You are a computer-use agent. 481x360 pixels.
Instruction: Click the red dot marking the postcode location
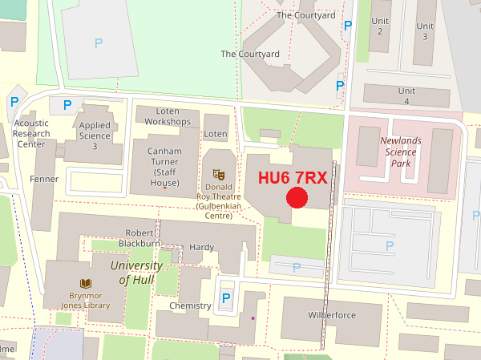(x=297, y=198)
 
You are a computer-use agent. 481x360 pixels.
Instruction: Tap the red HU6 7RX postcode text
(x=293, y=178)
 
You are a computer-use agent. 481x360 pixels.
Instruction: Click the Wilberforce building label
(x=331, y=315)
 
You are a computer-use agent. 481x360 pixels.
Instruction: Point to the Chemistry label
(x=190, y=305)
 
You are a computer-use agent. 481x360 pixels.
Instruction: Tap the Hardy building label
(x=201, y=247)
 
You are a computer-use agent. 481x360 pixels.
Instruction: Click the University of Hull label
(x=136, y=272)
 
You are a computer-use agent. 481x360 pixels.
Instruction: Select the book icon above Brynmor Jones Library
(x=85, y=283)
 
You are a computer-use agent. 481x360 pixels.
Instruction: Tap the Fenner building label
(x=44, y=178)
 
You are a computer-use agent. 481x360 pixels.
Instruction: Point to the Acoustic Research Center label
(x=32, y=134)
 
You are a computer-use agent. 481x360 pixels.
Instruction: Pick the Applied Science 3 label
(x=95, y=136)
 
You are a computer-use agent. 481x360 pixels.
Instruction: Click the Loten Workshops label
(x=168, y=116)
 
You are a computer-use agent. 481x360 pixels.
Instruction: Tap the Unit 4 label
(x=407, y=96)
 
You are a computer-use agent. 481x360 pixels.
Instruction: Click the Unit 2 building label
(x=380, y=26)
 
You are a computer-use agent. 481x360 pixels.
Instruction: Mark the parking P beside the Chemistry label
(x=226, y=299)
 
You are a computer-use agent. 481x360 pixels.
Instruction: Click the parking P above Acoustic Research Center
(x=14, y=102)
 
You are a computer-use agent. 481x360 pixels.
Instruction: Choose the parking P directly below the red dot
(x=297, y=267)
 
